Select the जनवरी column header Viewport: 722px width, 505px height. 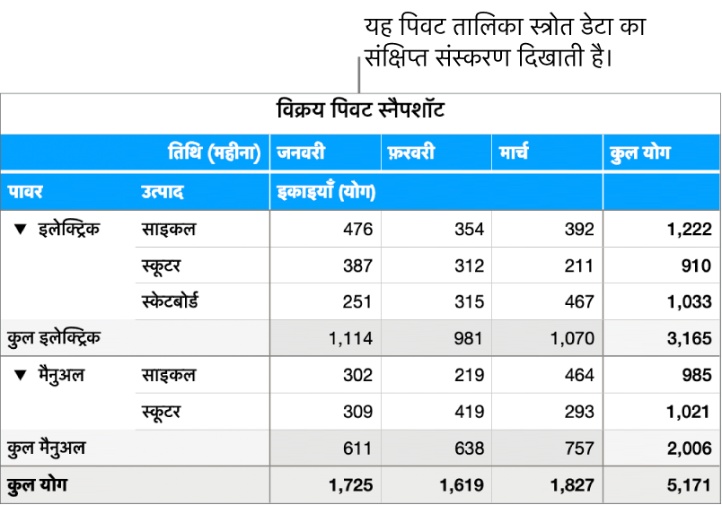301,152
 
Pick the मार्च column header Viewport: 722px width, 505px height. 514,152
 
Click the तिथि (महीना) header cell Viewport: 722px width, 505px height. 216,152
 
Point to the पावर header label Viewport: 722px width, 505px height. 26,191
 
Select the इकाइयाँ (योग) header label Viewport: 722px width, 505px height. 325,191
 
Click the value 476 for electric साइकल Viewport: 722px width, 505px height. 357,230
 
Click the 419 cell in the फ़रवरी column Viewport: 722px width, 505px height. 469,412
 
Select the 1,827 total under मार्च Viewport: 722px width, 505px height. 573,485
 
